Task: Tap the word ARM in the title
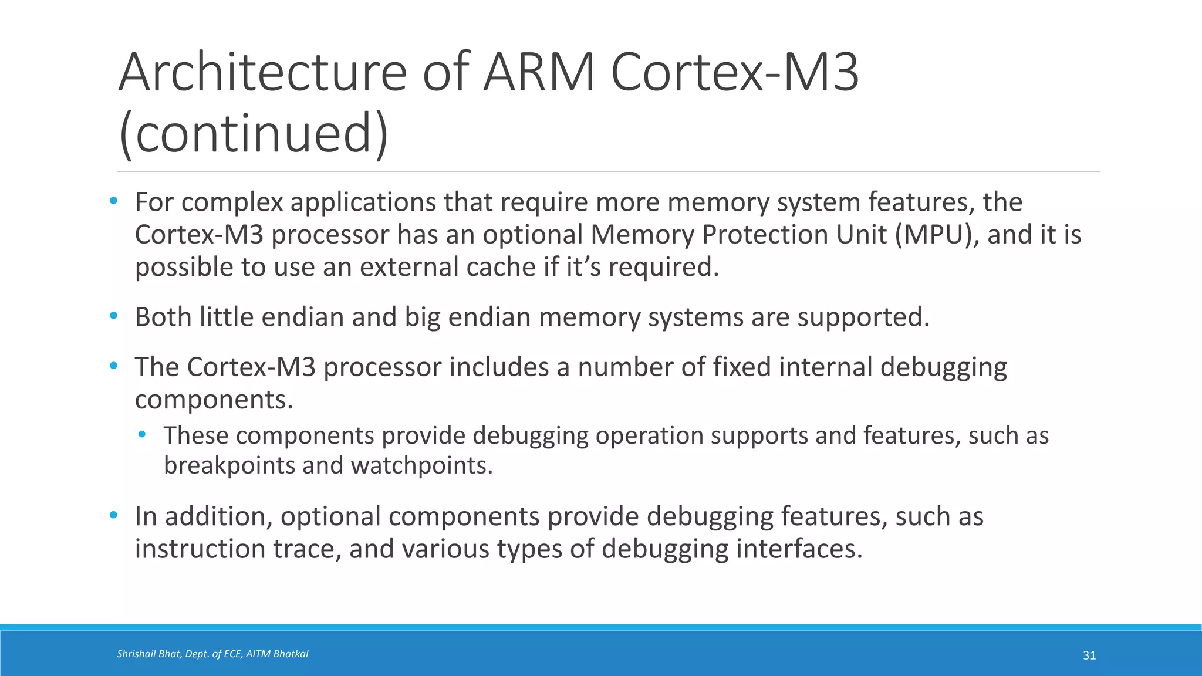pyautogui.click(x=539, y=73)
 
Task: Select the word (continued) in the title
pyautogui.click(x=254, y=134)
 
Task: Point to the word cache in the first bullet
pyautogui.click(x=501, y=267)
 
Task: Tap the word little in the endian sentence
pyautogui.click(x=227, y=317)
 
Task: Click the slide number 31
pyautogui.click(x=1089, y=655)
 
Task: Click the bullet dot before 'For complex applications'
pyautogui.click(x=113, y=201)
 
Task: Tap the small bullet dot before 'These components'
pyautogui.click(x=142, y=435)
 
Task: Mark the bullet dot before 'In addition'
pyautogui.click(x=113, y=516)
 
